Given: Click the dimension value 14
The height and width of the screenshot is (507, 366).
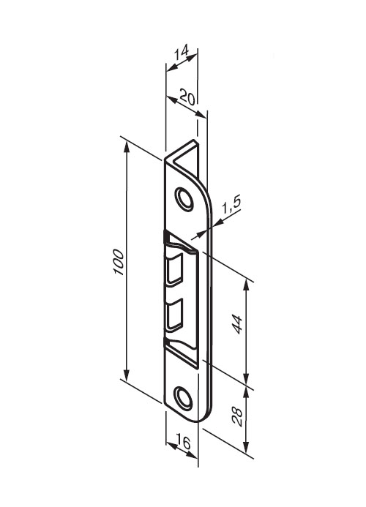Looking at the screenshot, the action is tap(182, 53).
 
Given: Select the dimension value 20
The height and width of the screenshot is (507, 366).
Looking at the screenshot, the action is tap(188, 97).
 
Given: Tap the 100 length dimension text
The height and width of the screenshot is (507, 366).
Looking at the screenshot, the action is tap(119, 262).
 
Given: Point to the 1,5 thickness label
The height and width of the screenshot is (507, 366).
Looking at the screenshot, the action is tap(231, 206).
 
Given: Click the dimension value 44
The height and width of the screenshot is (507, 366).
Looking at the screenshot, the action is tap(237, 324).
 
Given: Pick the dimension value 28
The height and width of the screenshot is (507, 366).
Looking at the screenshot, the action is tap(237, 417).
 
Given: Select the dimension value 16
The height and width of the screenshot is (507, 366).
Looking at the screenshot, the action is tap(183, 443).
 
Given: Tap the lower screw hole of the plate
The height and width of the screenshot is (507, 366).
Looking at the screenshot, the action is tap(183, 397).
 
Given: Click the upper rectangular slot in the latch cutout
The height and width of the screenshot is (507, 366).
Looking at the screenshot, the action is tap(175, 270).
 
